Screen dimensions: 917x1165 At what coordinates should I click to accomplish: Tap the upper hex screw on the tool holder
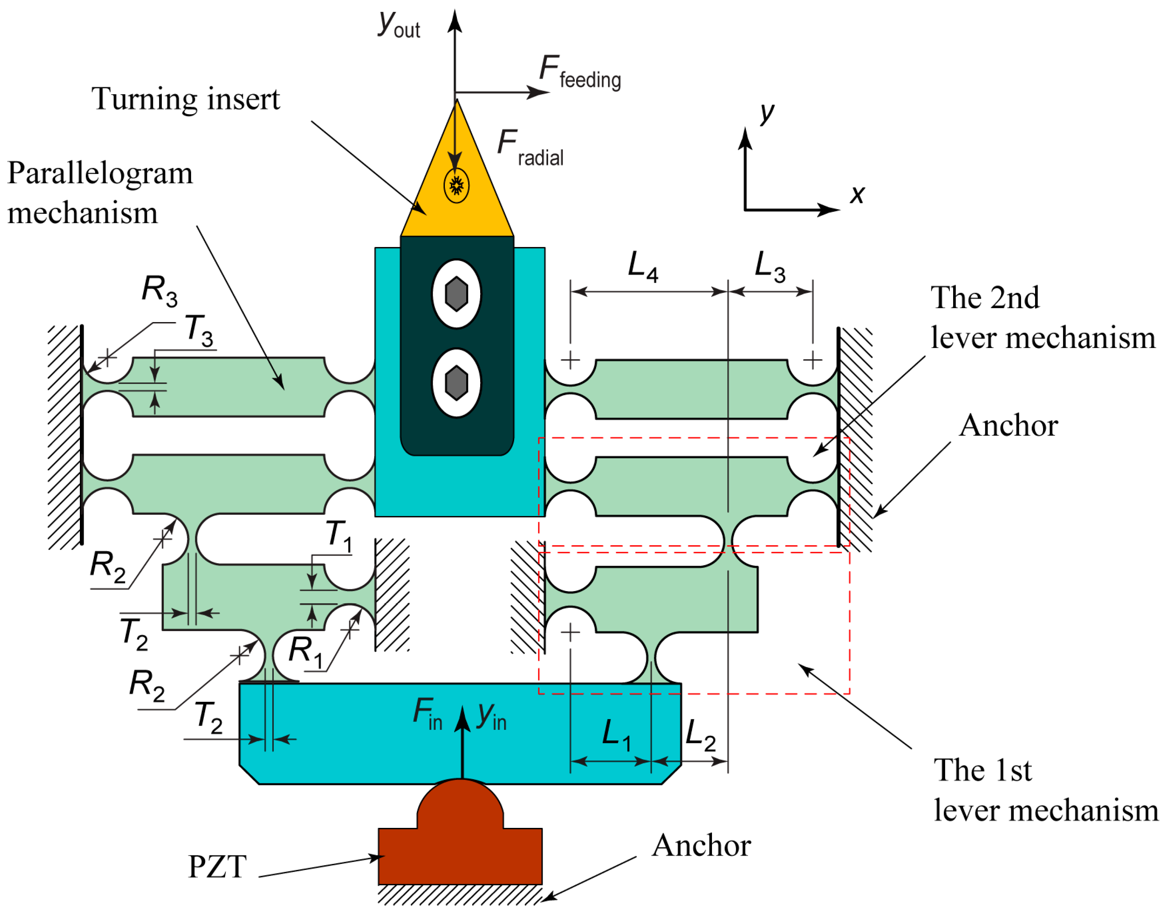tap(456, 294)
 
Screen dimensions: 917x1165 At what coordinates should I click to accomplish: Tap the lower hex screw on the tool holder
tap(456, 383)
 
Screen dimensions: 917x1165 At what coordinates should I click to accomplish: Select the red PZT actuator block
tap(460, 848)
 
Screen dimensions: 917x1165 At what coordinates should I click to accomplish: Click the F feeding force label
tap(580, 73)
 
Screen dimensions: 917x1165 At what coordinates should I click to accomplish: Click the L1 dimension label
tap(616, 735)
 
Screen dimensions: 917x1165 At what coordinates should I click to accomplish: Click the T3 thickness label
tap(199, 330)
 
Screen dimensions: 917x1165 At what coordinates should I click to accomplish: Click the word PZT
tap(217, 867)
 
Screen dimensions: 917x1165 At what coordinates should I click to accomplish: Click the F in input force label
tap(428, 714)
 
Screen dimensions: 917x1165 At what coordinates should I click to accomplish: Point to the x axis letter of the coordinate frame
tap(857, 194)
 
